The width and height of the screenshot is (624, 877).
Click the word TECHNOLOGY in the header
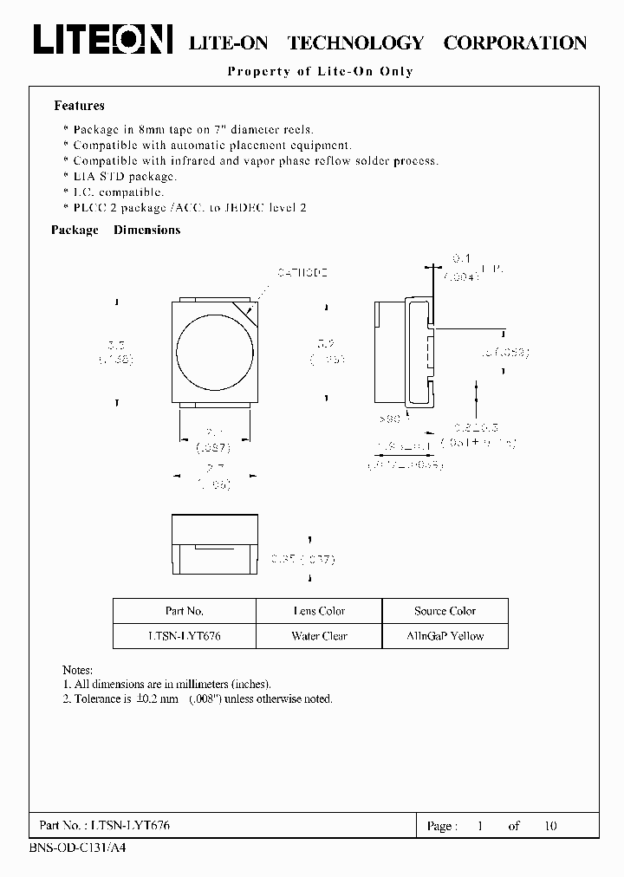pos(355,42)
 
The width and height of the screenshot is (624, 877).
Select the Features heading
pos(79,106)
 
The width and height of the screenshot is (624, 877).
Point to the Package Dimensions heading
pos(115,230)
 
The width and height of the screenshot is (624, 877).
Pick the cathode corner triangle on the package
pos(247,310)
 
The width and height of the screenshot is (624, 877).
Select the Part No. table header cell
pos(184,611)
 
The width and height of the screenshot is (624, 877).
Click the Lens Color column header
pos(319,611)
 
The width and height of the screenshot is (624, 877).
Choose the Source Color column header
pos(445,611)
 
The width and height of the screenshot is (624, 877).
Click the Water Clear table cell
pos(319,636)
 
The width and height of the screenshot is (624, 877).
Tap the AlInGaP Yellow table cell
pos(445,636)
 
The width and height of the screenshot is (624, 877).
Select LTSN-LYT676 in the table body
pos(184,636)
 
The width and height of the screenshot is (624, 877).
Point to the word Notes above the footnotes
pos(78,670)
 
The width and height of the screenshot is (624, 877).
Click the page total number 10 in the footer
pos(550,826)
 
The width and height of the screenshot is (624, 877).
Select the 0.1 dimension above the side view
pos(461,257)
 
